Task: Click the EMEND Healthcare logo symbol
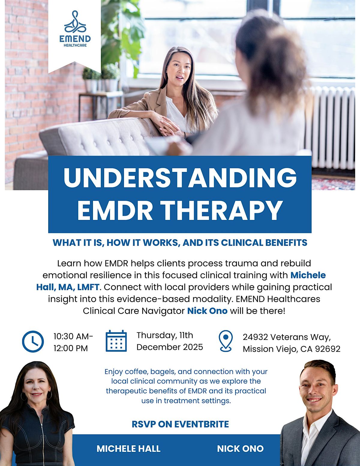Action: click(75, 23)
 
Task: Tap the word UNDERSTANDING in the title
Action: click(180, 177)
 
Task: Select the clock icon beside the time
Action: click(33, 341)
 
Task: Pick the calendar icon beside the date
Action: click(116, 341)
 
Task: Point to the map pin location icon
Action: click(226, 341)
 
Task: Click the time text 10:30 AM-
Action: click(73, 336)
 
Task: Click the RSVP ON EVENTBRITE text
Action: click(180, 424)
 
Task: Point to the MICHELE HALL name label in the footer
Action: click(128, 449)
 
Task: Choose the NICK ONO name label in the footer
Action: click(240, 449)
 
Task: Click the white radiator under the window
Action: click(330, 126)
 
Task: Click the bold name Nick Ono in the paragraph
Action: click(207, 311)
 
